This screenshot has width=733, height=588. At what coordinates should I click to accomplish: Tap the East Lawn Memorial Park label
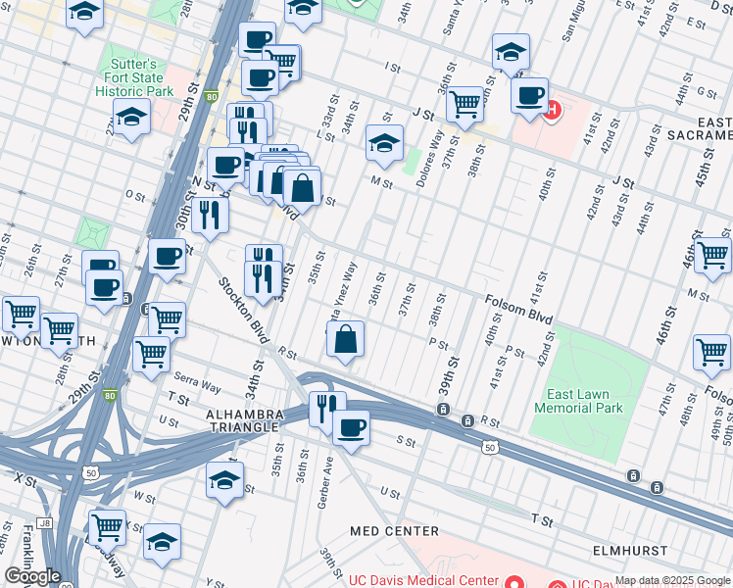pyautogui.click(x=585, y=401)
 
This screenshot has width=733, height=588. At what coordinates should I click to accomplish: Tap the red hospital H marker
pyautogui.click(x=552, y=110)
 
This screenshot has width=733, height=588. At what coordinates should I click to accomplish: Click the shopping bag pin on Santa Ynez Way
pyautogui.click(x=346, y=339)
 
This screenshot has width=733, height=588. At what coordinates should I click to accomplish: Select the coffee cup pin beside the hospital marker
pyautogui.click(x=530, y=96)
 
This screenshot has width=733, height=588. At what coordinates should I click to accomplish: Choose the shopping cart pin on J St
pyautogui.click(x=465, y=103)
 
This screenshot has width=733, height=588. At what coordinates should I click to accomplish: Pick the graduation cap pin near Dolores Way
pyautogui.click(x=385, y=142)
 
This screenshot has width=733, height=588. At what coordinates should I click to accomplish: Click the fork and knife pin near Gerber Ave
pyautogui.click(x=326, y=406)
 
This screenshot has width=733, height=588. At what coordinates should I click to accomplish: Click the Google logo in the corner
pyautogui.click(x=33, y=575)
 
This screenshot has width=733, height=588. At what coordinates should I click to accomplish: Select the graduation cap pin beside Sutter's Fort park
pyautogui.click(x=131, y=119)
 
